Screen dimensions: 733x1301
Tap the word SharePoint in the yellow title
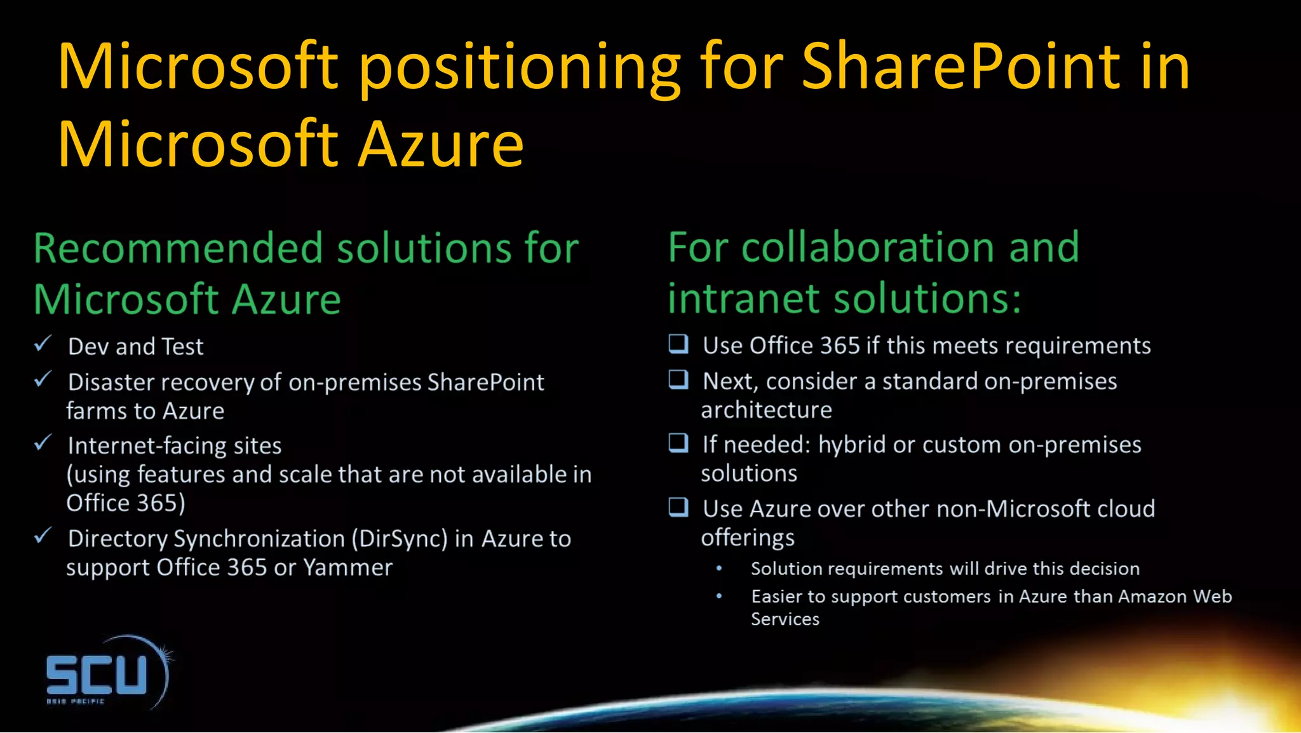[x=961, y=67]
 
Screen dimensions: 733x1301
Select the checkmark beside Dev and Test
[x=43, y=344]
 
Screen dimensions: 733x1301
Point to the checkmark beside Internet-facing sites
[x=43, y=443]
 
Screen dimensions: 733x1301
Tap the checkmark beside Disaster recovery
[x=43, y=379]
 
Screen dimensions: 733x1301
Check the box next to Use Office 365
[x=678, y=344]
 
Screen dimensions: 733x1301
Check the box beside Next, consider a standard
[x=678, y=379]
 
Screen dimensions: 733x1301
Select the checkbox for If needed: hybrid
[x=678, y=442]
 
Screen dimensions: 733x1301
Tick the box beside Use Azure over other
[x=678, y=506]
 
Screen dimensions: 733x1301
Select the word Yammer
[x=347, y=567]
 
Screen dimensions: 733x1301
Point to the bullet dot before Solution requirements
[x=719, y=568]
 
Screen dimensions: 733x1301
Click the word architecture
[x=766, y=410]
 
